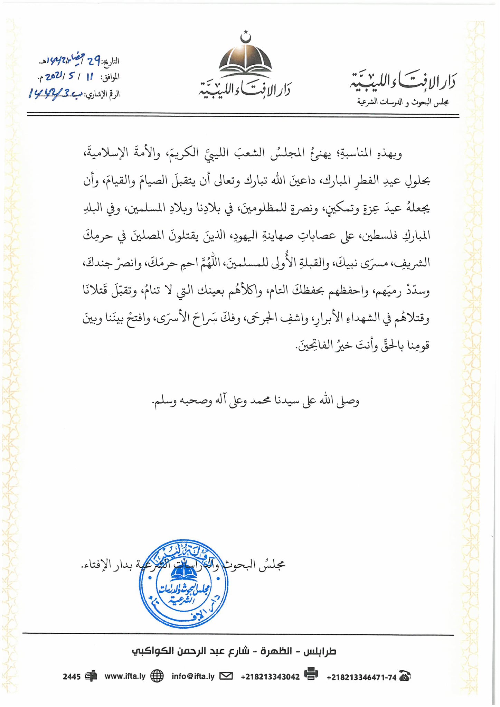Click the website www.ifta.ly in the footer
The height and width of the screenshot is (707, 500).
(125, 676)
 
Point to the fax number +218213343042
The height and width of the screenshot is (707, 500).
(270, 677)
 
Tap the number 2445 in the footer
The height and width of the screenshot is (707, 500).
(72, 677)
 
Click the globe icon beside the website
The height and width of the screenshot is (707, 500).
(157, 676)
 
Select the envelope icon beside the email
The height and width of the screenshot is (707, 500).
(226, 676)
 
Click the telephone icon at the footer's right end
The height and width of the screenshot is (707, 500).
(405, 676)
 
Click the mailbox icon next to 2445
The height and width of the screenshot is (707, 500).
(91, 676)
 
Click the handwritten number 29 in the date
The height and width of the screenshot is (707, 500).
(94, 61)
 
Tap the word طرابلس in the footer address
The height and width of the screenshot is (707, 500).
(320, 651)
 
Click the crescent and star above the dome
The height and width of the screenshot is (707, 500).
(245, 36)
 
